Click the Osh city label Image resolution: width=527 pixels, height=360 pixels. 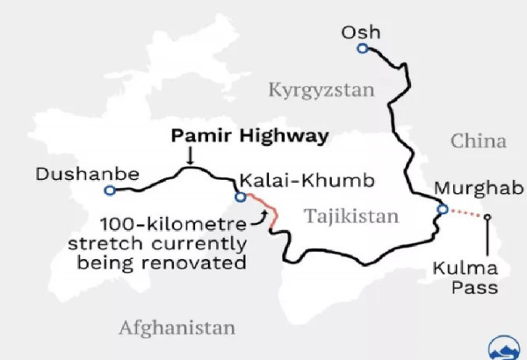pyautogui.click(x=362, y=32)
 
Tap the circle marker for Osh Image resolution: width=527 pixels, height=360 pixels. pyautogui.click(x=362, y=49)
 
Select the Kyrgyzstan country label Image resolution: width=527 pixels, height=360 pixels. pyautogui.click(x=321, y=90)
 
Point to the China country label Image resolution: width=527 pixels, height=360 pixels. pyautogui.click(x=479, y=140)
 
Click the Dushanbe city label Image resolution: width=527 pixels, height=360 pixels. pyautogui.click(x=86, y=174)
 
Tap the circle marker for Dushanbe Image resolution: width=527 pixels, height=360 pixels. pyautogui.click(x=109, y=190)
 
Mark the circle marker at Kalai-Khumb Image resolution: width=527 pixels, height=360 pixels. pyautogui.click(x=240, y=197)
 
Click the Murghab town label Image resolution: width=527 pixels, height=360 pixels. pyautogui.click(x=478, y=188)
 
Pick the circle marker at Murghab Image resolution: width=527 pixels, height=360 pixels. pyautogui.click(x=442, y=209)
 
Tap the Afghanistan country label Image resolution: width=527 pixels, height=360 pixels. pyautogui.click(x=177, y=328)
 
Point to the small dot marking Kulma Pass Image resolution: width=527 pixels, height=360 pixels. pyautogui.click(x=487, y=217)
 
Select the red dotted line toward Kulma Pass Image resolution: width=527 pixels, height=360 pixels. pyautogui.click(x=466, y=213)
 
